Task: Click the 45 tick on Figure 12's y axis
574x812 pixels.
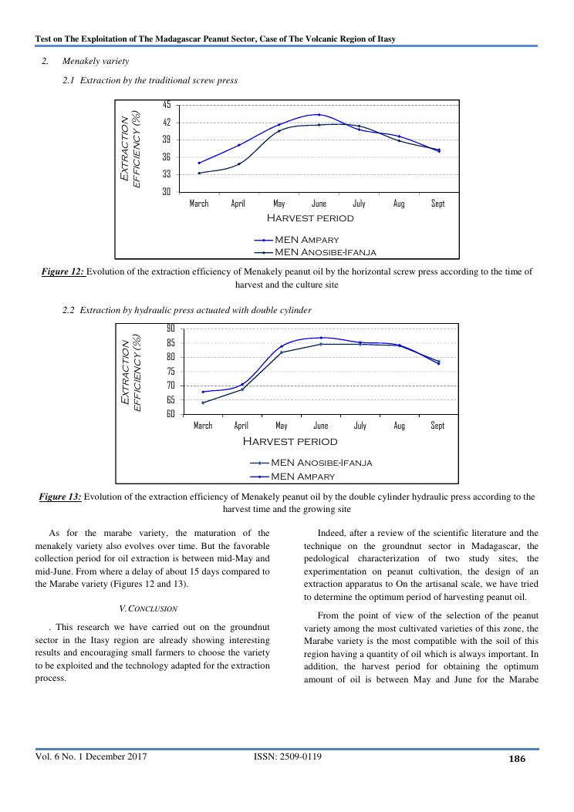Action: click(167, 105)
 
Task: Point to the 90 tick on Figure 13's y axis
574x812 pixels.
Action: click(171, 329)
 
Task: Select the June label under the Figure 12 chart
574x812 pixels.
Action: click(319, 204)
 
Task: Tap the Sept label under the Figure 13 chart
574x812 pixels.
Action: click(437, 426)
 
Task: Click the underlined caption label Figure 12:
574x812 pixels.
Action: click(62, 271)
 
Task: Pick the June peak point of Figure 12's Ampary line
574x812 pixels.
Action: click(319, 114)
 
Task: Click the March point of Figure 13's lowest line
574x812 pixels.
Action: click(203, 403)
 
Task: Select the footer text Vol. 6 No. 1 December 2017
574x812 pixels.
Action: click(91, 756)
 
